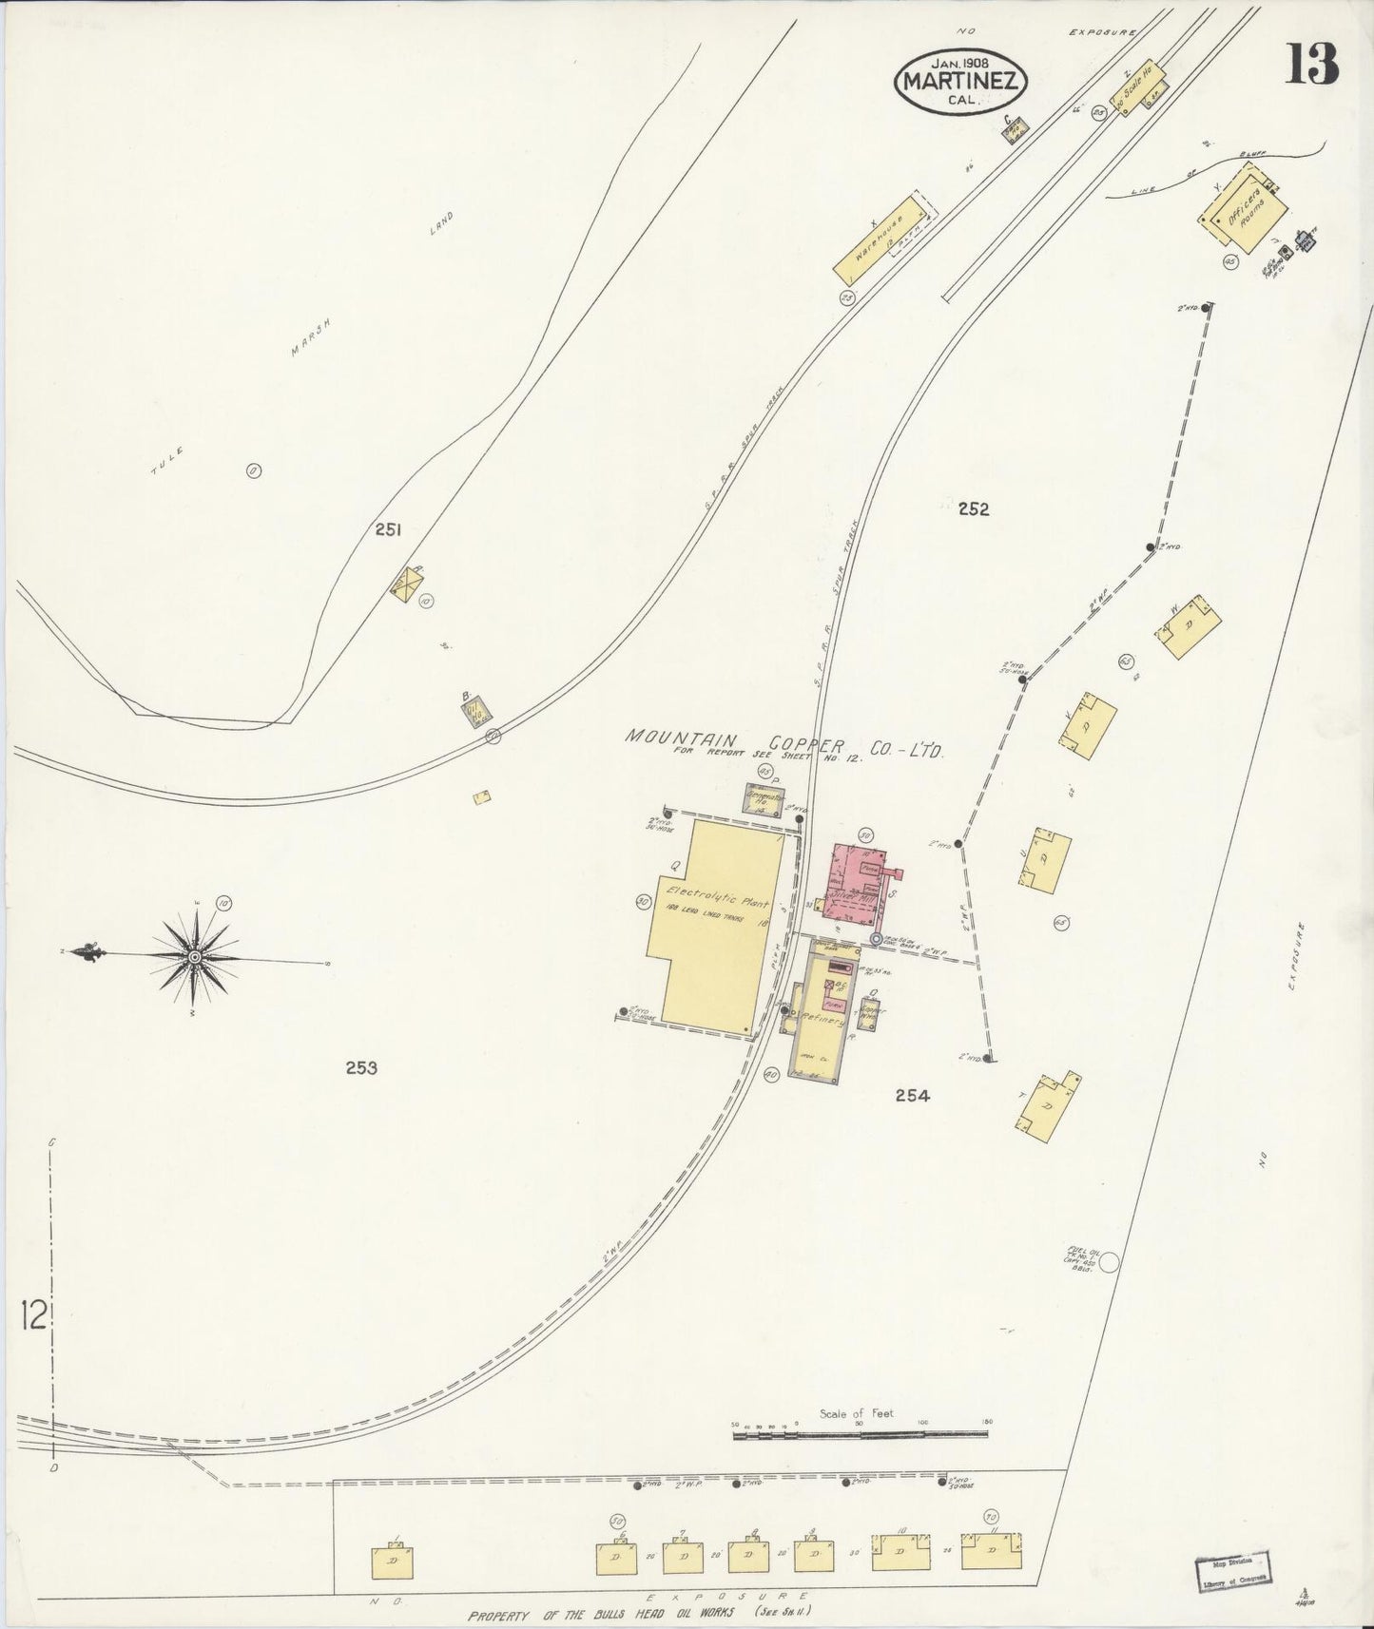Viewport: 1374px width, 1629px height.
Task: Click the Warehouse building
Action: click(x=879, y=239)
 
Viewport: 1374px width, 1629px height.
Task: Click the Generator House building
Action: click(x=764, y=801)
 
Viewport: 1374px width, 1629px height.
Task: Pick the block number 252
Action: click(x=973, y=509)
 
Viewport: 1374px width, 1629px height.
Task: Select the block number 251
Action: click(x=387, y=530)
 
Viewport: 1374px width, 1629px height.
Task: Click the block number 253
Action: click(x=361, y=1068)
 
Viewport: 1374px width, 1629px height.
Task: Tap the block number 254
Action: click(x=911, y=1096)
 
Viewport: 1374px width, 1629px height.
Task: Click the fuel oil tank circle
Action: click(x=1108, y=1262)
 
